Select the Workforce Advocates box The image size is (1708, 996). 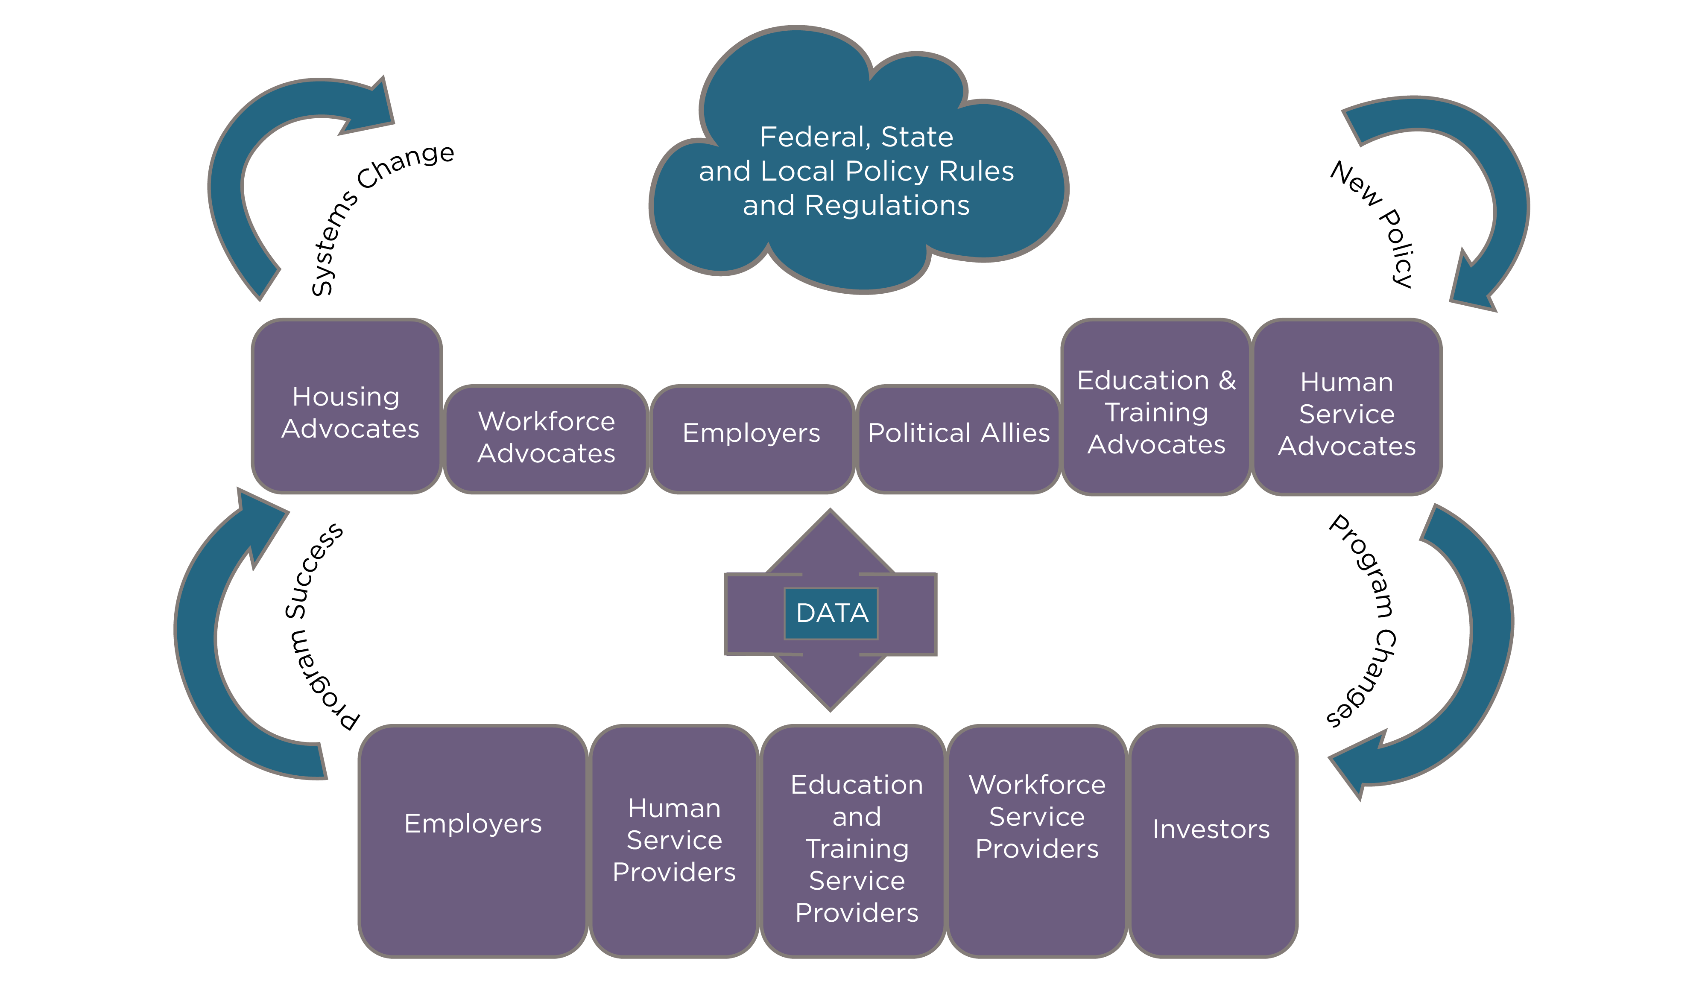pyautogui.click(x=546, y=439)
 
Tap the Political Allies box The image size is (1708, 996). pyautogui.click(x=958, y=439)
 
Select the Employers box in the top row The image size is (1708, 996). pyautogui.click(x=751, y=439)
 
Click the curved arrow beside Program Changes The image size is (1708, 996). pyautogui.click(x=1488, y=651)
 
